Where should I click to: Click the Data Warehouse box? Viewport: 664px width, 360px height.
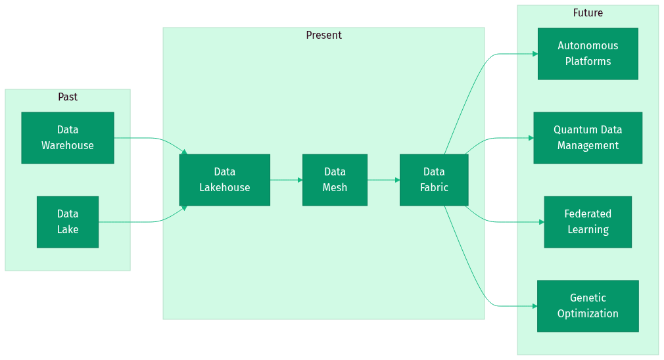click(68, 138)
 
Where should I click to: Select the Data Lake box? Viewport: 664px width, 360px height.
click(68, 222)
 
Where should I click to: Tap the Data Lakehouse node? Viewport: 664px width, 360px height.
click(224, 180)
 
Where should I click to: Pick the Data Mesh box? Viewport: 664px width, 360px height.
click(335, 180)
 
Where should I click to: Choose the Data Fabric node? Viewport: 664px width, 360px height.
click(434, 180)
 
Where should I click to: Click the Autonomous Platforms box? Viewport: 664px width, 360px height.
click(588, 54)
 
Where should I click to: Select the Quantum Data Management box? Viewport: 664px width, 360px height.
click(588, 138)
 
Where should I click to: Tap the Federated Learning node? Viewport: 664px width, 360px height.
click(588, 222)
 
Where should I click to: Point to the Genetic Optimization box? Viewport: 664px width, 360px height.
click(588, 306)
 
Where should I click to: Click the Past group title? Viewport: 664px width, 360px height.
click(68, 97)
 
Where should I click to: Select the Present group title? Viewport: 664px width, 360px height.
click(323, 35)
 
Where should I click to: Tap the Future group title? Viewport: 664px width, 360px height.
click(588, 13)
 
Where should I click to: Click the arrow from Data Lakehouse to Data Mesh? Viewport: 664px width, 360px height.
click(286, 180)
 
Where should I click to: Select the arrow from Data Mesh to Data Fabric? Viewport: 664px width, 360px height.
click(383, 180)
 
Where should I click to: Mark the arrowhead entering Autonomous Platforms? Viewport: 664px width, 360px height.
click(534, 54)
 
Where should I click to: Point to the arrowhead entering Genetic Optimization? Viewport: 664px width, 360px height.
click(534, 306)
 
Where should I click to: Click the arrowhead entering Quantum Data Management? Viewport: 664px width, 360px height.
click(531, 138)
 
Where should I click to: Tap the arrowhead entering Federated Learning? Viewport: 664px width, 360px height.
click(541, 222)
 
